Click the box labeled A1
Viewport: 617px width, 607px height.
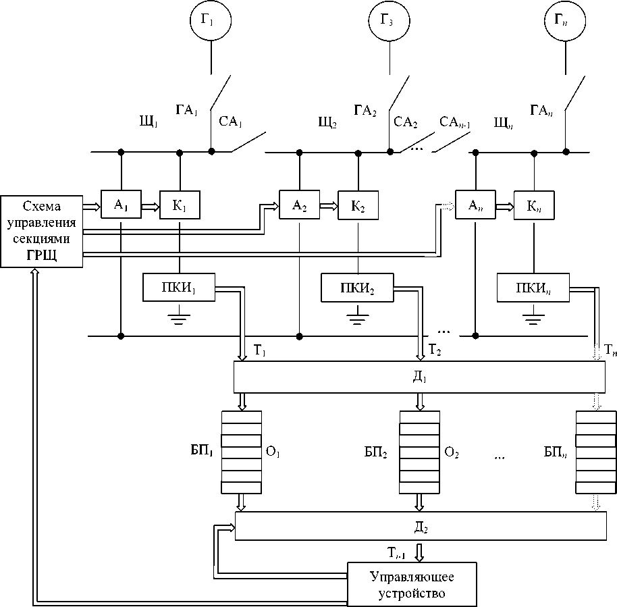pyautogui.click(x=122, y=205)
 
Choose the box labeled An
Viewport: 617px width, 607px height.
pyautogui.click(x=475, y=205)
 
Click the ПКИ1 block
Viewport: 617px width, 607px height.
pyautogui.click(x=179, y=288)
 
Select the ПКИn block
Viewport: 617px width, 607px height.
pyautogui.click(x=533, y=287)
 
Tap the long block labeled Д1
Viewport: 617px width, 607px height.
pyautogui.click(x=419, y=377)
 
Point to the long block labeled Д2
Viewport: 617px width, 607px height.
pyautogui.click(x=419, y=525)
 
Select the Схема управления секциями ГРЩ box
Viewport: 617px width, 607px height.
pyautogui.click(x=42, y=232)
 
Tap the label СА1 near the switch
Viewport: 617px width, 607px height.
pyautogui.click(x=231, y=122)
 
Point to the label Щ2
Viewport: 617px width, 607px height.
pyautogui.click(x=327, y=122)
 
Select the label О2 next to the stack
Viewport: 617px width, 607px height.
pyautogui.click(x=452, y=451)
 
